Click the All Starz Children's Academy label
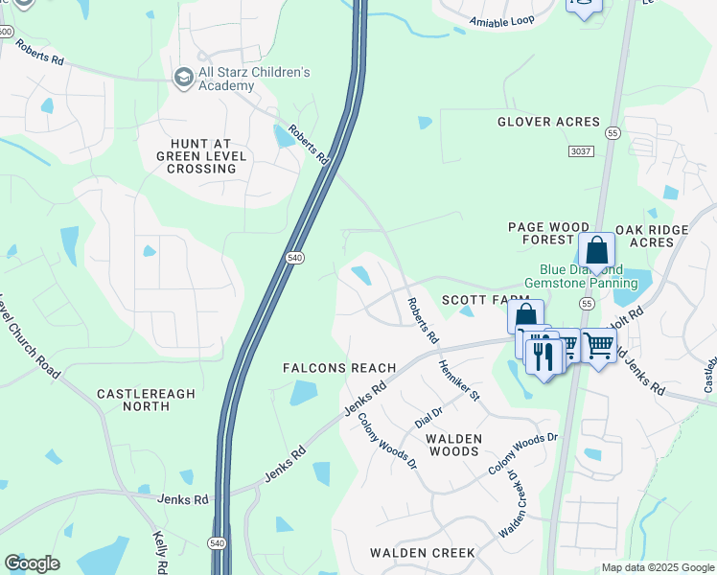[x=254, y=79]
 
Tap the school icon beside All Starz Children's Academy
[x=182, y=76]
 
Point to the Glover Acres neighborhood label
[x=548, y=122]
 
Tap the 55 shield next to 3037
[x=613, y=132]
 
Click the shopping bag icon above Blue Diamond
[x=596, y=251]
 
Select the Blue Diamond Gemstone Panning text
[x=581, y=276]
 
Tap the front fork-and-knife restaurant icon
[x=544, y=356]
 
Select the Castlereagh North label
[x=133, y=400]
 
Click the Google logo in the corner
[x=32, y=563]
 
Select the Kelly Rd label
[x=160, y=553]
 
